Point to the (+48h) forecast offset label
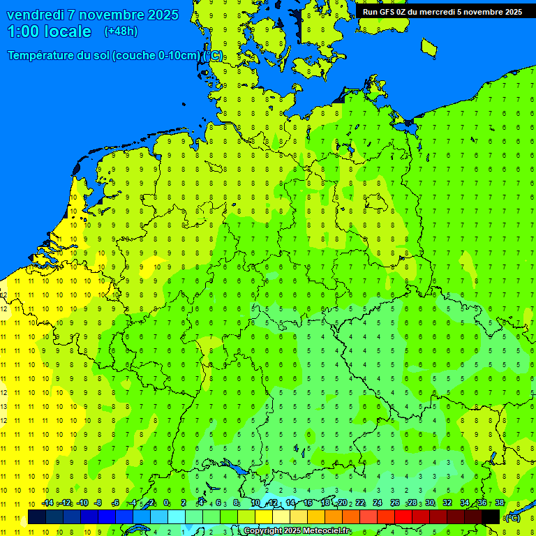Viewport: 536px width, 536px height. point(121,31)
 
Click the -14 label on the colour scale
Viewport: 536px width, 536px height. point(47,503)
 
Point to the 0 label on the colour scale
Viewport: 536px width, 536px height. point(166,503)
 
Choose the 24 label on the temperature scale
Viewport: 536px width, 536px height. point(377,503)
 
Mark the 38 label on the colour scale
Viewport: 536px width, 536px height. point(500,503)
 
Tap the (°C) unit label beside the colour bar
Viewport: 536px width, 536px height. point(513,517)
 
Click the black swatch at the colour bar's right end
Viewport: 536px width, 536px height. point(491,516)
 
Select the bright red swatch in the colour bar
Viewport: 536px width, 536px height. point(403,516)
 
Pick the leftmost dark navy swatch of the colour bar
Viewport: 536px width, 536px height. point(37,516)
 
